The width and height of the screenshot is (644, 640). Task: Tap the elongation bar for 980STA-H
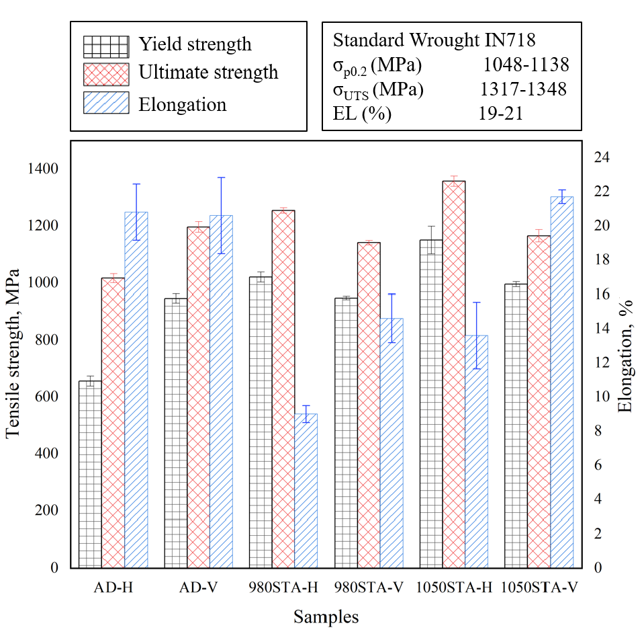[306, 491]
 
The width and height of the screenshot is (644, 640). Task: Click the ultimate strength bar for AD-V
[198, 397]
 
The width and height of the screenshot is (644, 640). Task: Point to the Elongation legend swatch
[105, 104]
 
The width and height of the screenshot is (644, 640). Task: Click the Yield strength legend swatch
[105, 46]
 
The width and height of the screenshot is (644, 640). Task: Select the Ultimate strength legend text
[208, 72]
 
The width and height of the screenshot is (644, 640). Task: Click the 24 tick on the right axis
[602, 157]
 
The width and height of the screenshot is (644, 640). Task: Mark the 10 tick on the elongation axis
[602, 397]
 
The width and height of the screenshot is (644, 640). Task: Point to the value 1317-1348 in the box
[523, 89]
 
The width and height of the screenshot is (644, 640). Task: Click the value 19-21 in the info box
[501, 114]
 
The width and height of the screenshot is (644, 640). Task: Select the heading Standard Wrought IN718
[434, 40]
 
